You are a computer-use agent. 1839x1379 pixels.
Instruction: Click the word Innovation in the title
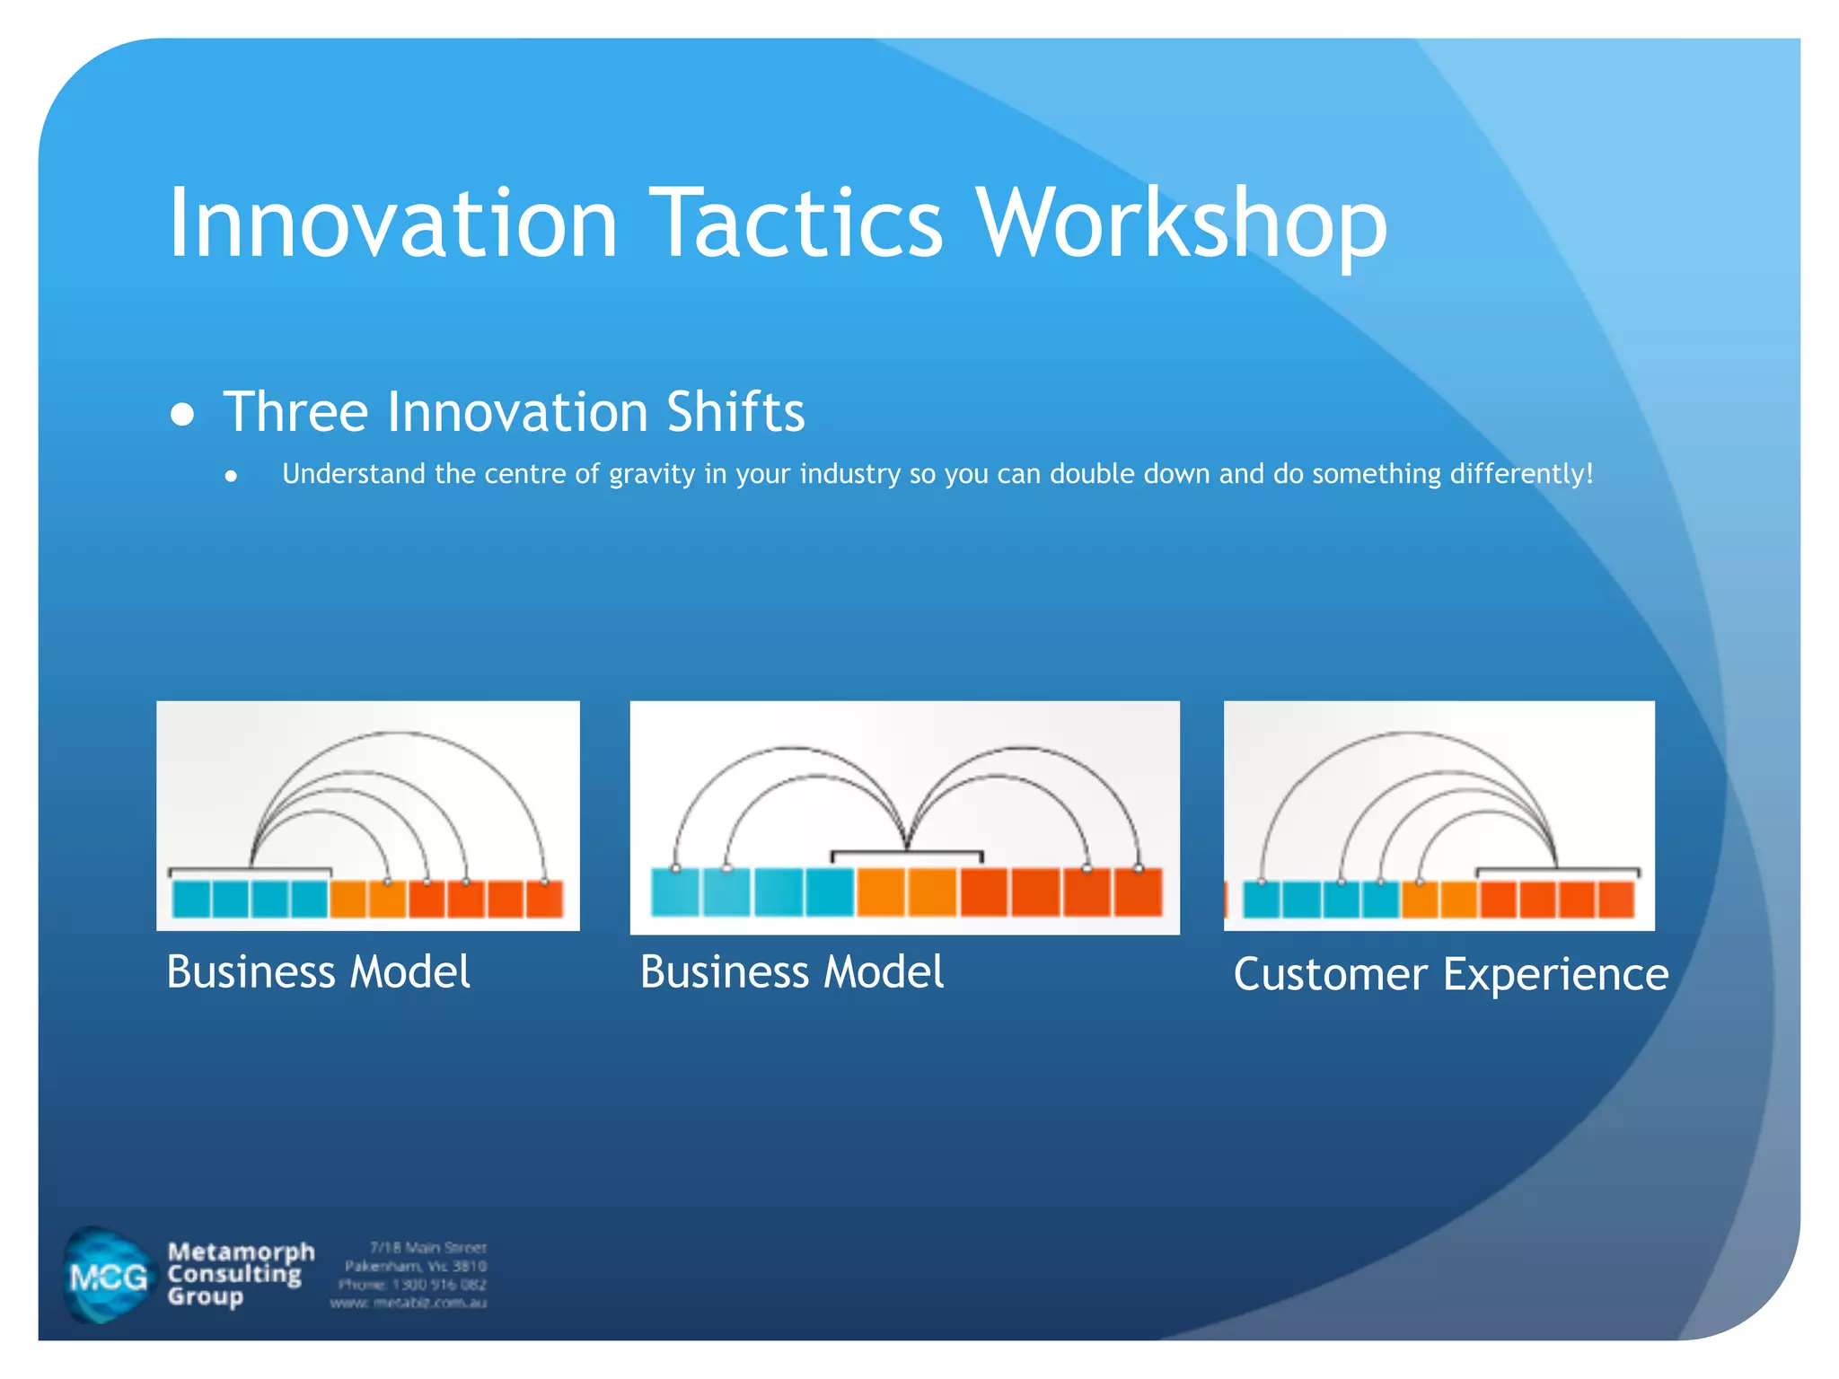(x=392, y=223)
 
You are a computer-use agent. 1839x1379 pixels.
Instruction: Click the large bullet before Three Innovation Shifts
(x=182, y=414)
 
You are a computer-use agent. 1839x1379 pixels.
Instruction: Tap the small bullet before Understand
(x=232, y=477)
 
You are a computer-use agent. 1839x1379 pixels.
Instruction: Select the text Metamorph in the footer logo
(x=241, y=1252)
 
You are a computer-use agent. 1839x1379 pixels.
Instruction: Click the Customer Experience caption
(x=1450, y=974)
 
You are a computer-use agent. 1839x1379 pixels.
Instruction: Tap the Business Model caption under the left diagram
(x=318, y=971)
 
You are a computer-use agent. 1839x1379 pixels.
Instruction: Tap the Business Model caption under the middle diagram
(x=791, y=971)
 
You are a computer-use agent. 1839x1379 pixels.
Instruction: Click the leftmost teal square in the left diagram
(x=191, y=899)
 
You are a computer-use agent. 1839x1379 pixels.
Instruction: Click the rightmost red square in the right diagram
(x=1616, y=900)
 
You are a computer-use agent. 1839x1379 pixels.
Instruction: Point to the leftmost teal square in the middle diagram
(x=674, y=892)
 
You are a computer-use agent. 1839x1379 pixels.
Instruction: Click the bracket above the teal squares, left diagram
(x=250, y=871)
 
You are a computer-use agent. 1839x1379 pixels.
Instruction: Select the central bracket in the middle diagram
(x=906, y=854)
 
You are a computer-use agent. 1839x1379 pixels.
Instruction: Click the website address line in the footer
(x=409, y=1303)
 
